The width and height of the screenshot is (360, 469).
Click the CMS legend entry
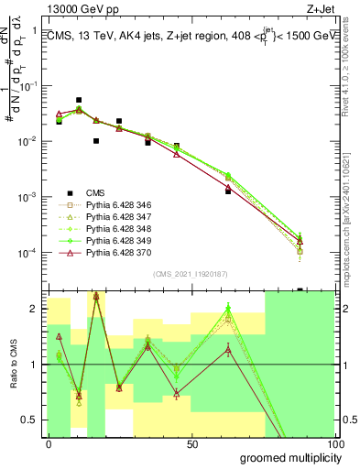(x=94, y=192)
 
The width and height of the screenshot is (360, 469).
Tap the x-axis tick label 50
(x=192, y=443)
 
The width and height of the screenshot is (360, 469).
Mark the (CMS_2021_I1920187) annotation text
(x=190, y=274)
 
